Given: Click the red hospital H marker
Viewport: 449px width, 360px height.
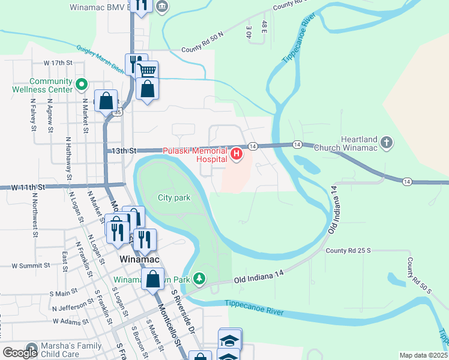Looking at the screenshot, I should tap(237, 155).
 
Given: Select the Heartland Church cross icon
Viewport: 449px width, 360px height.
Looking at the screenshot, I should tap(387, 143).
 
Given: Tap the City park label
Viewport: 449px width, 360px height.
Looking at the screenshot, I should tap(174, 197).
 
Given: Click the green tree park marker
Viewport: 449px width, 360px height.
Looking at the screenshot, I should tap(200, 279).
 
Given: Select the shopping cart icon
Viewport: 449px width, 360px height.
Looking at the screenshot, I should tap(146, 71).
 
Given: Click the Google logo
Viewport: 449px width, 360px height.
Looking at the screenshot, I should tap(20, 352).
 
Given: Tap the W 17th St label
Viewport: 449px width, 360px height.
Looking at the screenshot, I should tap(58, 62).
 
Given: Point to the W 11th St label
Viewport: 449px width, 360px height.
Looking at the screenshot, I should tap(28, 188).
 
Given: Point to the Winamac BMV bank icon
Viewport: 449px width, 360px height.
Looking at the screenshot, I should tap(161, 7).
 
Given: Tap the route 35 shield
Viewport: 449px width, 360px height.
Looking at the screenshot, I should tap(118, 112).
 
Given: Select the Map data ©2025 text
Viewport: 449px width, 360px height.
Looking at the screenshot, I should tap(423, 355).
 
